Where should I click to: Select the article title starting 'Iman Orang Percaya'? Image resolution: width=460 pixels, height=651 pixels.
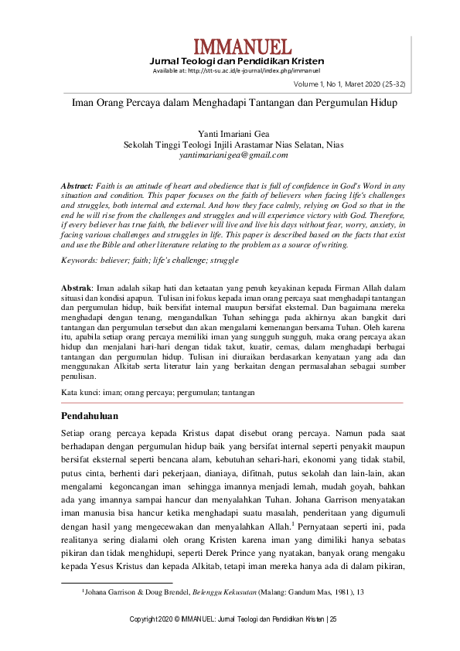[x=230, y=103]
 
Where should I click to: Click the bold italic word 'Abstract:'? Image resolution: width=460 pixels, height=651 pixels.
[x=77, y=186]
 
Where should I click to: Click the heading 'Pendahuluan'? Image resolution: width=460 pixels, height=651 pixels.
[x=89, y=416]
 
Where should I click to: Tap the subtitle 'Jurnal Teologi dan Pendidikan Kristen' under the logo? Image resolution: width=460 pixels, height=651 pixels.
[x=236, y=61]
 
